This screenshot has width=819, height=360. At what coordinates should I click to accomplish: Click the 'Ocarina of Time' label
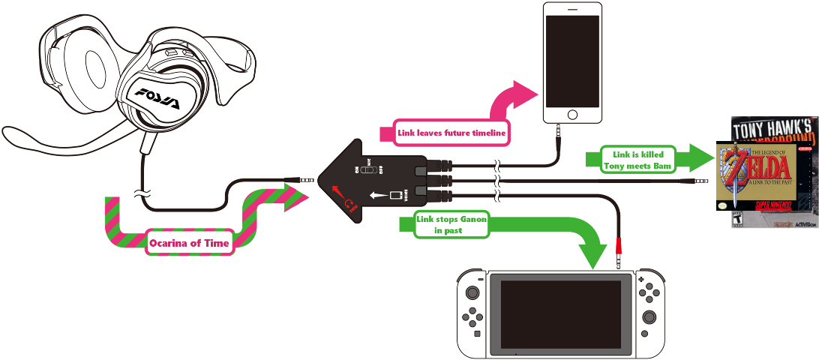[188, 242]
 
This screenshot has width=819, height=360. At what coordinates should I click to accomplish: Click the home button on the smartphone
[572, 115]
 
